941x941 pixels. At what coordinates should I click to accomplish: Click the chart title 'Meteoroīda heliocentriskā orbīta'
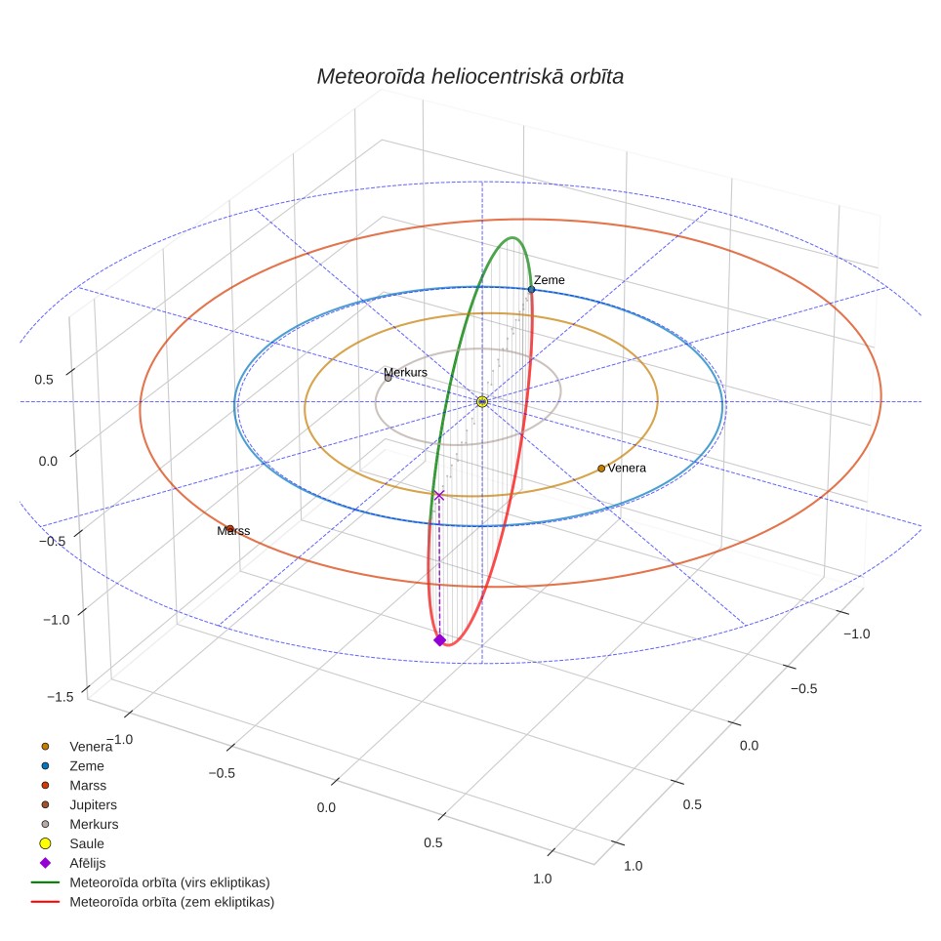coord(470,77)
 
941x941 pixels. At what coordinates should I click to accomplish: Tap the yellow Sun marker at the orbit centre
coord(482,401)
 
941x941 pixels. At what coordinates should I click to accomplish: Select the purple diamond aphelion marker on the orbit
coord(439,640)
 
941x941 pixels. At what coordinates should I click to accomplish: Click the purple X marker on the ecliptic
coord(438,495)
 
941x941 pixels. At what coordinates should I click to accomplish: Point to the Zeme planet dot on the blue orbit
coord(531,289)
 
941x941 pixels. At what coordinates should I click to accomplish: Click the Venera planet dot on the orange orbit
coord(601,469)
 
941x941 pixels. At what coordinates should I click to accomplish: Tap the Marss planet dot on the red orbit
coord(229,529)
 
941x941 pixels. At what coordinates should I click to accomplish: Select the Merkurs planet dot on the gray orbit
coord(388,378)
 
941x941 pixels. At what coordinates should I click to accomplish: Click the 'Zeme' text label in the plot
coord(550,280)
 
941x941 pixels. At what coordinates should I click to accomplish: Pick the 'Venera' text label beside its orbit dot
coord(627,469)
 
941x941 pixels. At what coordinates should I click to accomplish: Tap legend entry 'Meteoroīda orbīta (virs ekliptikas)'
coord(150,882)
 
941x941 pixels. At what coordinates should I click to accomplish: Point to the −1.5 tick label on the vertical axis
coord(61,697)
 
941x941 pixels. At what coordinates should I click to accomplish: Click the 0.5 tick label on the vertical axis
coord(44,380)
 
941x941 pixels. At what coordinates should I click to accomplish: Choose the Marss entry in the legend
coord(73,786)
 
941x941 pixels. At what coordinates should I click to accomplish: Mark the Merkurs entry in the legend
coord(79,825)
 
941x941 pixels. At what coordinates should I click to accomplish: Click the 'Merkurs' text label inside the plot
coord(406,372)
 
